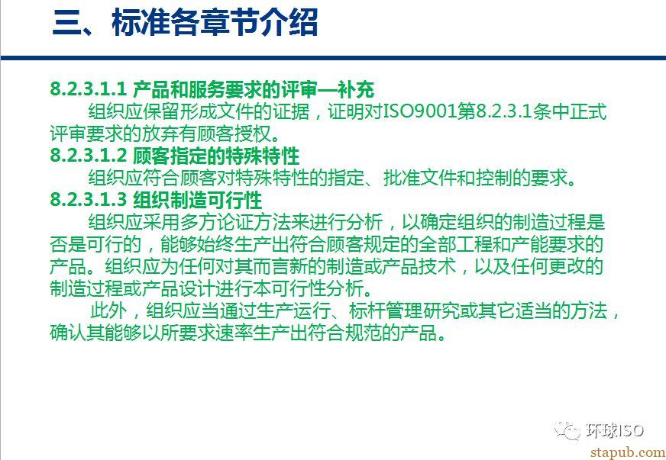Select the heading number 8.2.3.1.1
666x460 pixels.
pyautogui.click(x=89, y=89)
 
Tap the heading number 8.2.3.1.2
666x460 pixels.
pyautogui.click(x=89, y=156)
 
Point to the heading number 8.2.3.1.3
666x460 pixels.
pyautogui.click(x=89, y=199)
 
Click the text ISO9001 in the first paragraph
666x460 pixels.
pyautogui.click(x=421, y=111)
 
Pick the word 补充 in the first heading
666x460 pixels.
pyautogui.click(x=356, y=89)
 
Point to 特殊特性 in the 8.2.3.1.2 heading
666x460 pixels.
pyautogui.click(x=263, y=156)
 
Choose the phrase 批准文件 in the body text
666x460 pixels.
pyautogui.click(x=421, y=178)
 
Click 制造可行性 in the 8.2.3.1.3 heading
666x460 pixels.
pyautogui.click(x=217, y=199)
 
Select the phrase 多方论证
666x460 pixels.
pyautogui.click(x=217, y=222)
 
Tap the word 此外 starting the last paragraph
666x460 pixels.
pyautogui.click(x=108, y=310)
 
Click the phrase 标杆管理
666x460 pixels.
pyautogui.click(x=386, y=310)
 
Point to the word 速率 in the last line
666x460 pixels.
pyautogui.click(x=234, y=333)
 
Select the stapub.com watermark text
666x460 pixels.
pyautogui.click(x=628, y=452)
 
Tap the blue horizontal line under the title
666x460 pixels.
pyautogui.click(x=333, y=58)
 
